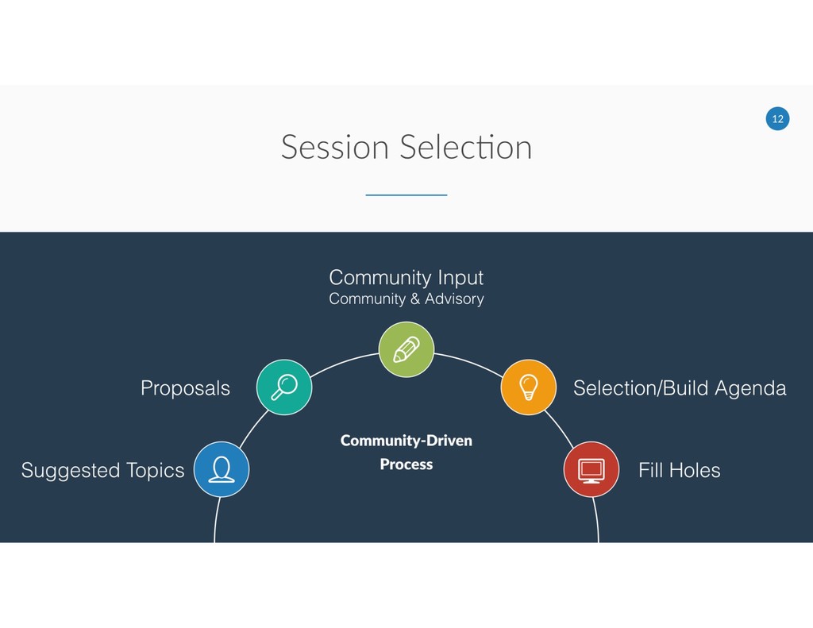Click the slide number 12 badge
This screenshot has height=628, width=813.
click(x=777, y=119)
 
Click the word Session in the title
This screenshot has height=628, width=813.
click(x=334, y=148)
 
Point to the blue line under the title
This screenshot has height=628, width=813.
click(x=406, y=195)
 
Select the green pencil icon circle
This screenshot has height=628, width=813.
click(x=406, y=349)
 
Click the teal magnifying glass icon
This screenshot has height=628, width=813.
click(x=284, y=387)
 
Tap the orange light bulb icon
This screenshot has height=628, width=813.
click(x=528, y=387)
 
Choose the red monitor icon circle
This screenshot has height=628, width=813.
click(x=591, y=469)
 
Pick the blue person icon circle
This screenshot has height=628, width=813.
click(x=222, y=469)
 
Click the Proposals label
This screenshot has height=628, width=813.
click(x=185, y=388)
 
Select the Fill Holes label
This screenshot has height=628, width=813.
click(x=679, y=470)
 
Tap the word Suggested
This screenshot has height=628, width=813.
click(x=70, y=471)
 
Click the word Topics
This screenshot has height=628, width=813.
click(x=155, y=471)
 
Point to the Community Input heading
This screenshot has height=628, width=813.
click(x=406, y=277)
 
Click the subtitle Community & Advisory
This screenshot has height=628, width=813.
click(x=406, y=299)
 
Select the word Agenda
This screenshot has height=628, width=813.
click(x=750, y=388)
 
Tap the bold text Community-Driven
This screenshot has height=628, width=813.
click(x=406, y=441)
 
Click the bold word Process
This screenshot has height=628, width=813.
click(x=406, y=464)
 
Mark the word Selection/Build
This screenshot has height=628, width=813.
click(x=641, y=388)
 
